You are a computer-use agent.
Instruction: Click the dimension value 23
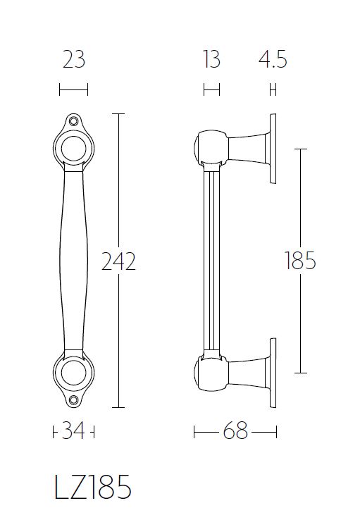(73, 60)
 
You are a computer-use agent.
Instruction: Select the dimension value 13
(211, 60)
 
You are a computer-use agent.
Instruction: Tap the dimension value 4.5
(272, 60)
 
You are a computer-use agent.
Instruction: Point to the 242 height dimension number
(118, 261)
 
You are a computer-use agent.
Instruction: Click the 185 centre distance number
(300, 261)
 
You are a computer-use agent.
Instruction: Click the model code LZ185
(92, 488)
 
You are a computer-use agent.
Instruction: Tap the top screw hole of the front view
(73, 122)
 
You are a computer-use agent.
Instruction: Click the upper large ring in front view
(73, 149)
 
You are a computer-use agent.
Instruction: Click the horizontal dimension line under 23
(73, 89)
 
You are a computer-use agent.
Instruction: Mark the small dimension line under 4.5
(272, 89)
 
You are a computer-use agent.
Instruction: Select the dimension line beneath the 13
(211, 89)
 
